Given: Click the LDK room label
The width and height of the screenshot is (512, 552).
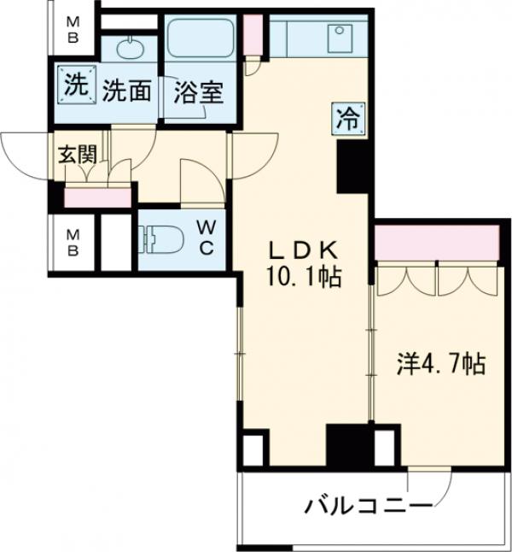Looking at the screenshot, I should point(305,250).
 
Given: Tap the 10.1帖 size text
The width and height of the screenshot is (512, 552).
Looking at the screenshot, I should point(305,278).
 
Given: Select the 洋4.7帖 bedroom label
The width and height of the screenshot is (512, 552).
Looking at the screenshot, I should point(440,366).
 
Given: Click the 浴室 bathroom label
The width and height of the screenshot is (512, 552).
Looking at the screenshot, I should point(199,91).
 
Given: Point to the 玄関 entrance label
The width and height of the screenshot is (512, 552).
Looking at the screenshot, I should point(77,156).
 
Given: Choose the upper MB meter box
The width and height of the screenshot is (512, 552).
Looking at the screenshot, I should point(74,28).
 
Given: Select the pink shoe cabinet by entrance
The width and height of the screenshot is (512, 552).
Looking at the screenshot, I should point(97,198).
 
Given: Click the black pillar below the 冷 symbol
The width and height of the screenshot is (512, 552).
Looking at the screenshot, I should point(351,166).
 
